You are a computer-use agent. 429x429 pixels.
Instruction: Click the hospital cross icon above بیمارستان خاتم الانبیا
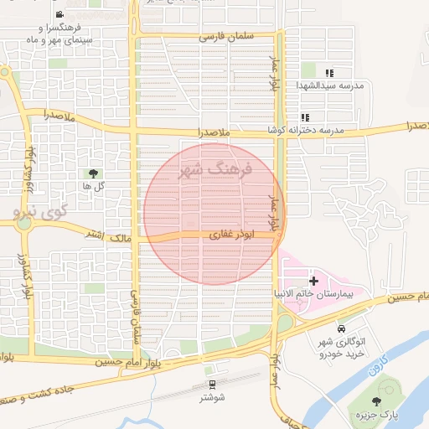pos(314,281)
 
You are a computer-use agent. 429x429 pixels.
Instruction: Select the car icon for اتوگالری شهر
pos(342,329)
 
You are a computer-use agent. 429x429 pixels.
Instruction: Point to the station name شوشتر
pos(214,398)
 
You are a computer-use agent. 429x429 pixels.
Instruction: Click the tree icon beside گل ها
pos(92,172)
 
